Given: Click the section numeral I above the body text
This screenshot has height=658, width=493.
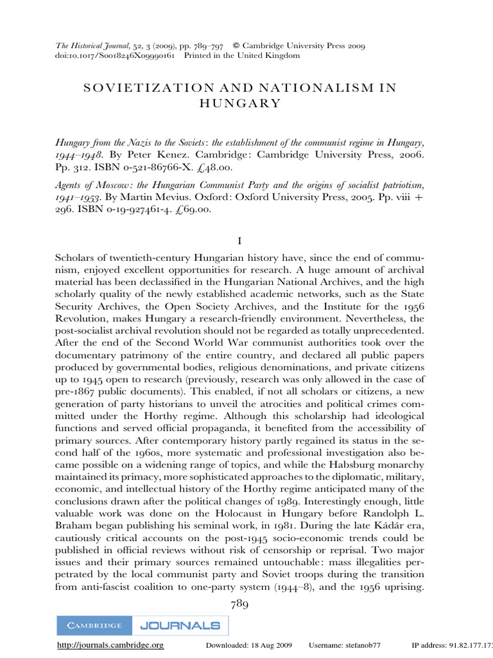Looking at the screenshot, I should (239, 241).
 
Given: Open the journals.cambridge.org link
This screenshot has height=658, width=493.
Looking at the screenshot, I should (110, 645).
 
